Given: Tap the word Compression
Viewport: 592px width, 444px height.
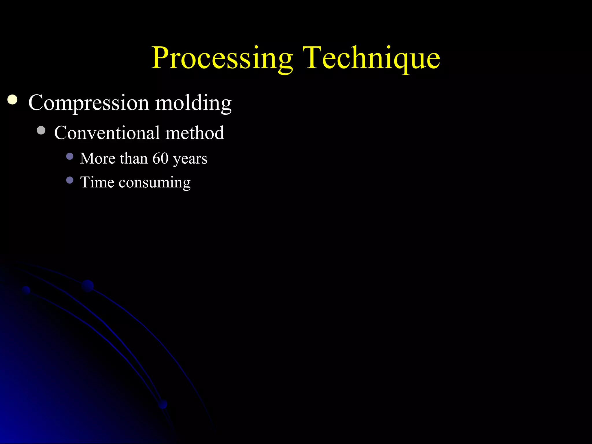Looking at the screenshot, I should (88, 103).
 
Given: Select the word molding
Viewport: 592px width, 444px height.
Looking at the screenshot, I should (193, 103).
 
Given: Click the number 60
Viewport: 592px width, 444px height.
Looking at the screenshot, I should (160, 158).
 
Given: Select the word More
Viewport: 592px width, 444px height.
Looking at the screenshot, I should (98, 158).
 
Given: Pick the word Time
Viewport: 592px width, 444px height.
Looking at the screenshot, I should (97, 182).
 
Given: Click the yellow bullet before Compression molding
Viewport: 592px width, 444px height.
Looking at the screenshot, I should (12, 100).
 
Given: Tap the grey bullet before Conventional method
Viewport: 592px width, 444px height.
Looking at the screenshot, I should (41, 130).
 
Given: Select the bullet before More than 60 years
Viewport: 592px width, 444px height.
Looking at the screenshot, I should (70, 156).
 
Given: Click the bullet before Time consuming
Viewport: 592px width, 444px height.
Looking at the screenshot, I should (70, 180).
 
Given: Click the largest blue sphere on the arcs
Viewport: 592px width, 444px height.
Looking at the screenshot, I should (88, 286).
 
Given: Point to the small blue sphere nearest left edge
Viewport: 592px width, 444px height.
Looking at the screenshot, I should (26, 290).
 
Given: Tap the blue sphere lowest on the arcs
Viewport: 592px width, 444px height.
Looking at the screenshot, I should (163, 404).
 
